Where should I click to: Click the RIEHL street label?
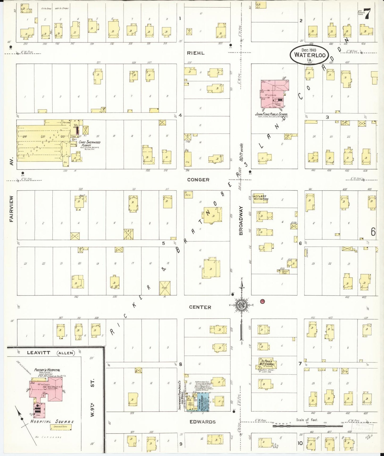[196, 53]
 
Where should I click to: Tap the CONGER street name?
[198, 180]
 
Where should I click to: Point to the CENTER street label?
[200, 307]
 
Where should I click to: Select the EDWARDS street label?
[202, 422]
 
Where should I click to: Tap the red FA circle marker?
[263, 301]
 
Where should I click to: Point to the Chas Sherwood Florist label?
[90, 144]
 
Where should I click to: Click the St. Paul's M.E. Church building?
[267, 363]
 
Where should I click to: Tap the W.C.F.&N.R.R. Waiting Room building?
[260, 198]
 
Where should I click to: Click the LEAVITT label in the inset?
[39, 353]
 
